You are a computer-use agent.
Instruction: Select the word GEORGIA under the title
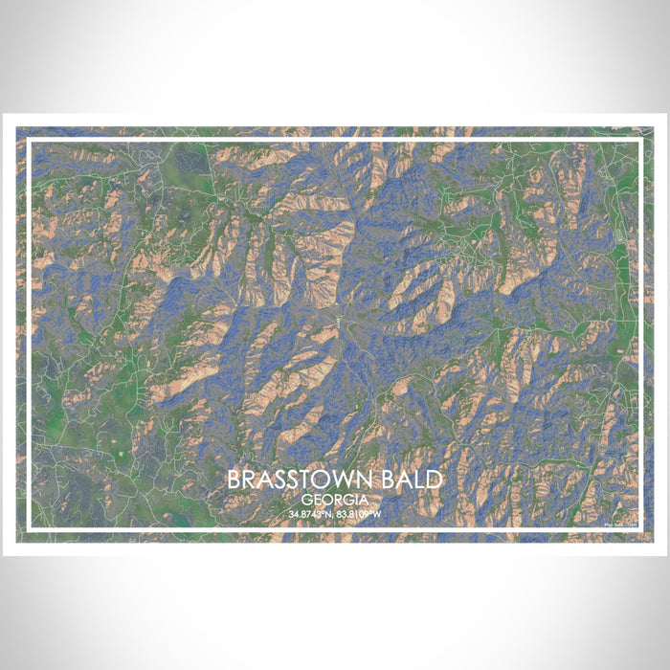335,501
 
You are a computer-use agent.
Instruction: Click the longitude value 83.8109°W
361,515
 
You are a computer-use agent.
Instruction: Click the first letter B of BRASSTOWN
235,480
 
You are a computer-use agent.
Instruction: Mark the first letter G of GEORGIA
305,501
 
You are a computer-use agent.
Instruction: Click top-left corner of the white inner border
29,141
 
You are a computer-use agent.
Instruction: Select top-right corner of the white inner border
640,141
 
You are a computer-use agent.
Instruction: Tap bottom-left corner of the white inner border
29,528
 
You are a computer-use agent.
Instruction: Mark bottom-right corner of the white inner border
640,528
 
